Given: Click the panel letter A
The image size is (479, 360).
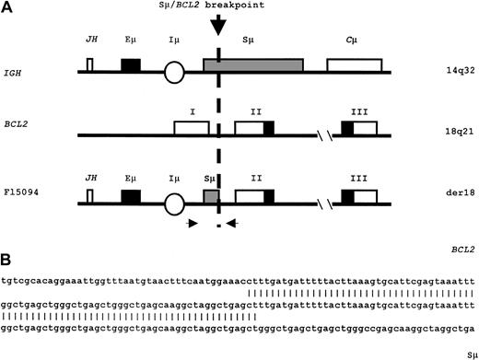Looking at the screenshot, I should click(6, 6).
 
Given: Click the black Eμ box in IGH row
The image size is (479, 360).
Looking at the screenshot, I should click(131, 65).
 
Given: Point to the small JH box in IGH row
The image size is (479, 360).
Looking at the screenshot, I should click(89, 64).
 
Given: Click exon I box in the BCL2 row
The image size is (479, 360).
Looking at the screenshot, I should click(192, 128).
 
